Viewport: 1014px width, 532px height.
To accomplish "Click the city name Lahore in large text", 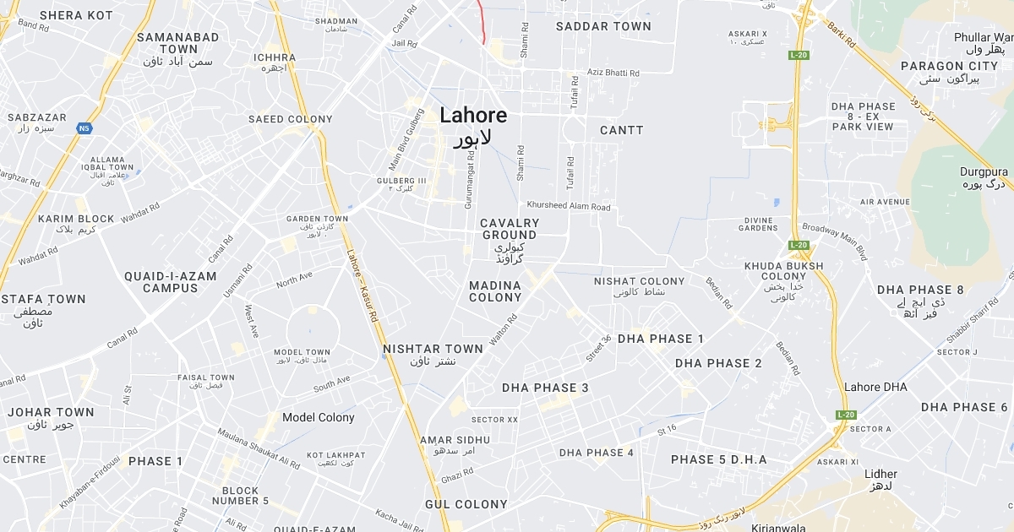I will [x=473, y=116].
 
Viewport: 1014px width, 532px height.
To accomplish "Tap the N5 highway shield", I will [x=84, y=128].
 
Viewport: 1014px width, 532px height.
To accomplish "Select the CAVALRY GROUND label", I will [x=509, y=229].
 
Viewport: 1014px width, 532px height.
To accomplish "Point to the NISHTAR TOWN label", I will [x=433, y=349].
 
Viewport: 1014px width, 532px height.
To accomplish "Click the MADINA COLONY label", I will [x=495, y=291].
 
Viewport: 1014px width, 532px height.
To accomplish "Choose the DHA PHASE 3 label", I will [x=545, y=388].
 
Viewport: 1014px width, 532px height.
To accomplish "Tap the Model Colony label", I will [x=319, y=417].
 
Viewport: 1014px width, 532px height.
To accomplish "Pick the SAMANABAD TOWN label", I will [x=178, y=43].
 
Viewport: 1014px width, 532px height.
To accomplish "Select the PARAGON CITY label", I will [x=949, y=66].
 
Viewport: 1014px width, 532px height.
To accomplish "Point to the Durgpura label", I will [x=984, y=171].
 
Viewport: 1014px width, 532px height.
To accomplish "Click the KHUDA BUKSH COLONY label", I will [x=783, y=271].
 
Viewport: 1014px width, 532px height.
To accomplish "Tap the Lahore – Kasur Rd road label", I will [x=362, y=286].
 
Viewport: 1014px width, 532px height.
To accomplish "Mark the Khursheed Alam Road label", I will [x=568, y=206].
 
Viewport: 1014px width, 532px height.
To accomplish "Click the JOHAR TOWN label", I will [x=51, y=412].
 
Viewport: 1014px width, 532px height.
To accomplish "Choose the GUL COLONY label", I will [x=466, y=504].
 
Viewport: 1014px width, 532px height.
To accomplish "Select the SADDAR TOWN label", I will [x=603, y=26].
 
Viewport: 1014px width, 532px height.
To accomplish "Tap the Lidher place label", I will [x=881, y=474].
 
